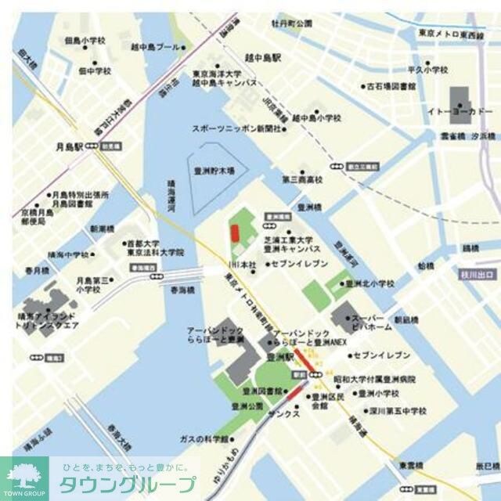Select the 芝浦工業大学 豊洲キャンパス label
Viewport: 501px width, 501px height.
(x=288, y=244)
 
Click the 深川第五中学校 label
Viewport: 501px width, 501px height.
(x=395, y=410)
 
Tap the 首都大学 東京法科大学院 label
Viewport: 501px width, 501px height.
(x=154, y=248)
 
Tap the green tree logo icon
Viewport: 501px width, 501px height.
(x=23, y=474)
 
